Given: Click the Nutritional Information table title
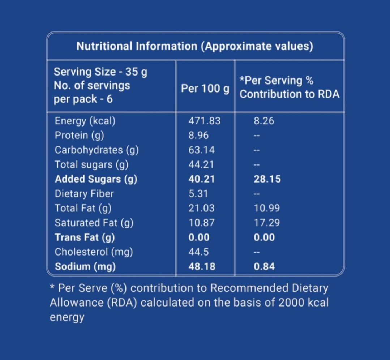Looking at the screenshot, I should click(x=194, y=46).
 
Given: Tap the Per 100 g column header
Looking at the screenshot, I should click(x=205, y=88).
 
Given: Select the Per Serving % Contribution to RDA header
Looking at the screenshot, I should click(x=290, y=87).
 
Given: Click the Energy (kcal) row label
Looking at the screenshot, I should click(x=85, y=121).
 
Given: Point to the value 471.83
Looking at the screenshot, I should click(x=204, y=121).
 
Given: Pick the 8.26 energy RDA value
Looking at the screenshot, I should click(x=264, y=121).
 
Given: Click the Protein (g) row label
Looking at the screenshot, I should click(x=79, y=135).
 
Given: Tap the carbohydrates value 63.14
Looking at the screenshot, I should click(x=201, y=150).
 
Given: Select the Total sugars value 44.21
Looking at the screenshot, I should click(x=201, y=164).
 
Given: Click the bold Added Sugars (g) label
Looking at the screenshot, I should click(x=96, y=179).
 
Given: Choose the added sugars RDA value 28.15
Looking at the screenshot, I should click(x=267, y=179).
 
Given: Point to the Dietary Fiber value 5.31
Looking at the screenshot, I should click(x=198, y=194).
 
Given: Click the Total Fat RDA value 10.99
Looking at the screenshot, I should click(x=267, y=208).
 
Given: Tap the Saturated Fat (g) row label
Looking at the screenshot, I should click(x=94, y=223).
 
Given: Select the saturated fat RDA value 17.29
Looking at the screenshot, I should click(x=267, y=223).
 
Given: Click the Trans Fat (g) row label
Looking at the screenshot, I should click(x=85, y=237).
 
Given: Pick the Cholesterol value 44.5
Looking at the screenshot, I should click(x=198, y=252).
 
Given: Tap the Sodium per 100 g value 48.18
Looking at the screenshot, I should click(x=202, y=267).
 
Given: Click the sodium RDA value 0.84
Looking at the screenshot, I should click(x=264, y=267).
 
